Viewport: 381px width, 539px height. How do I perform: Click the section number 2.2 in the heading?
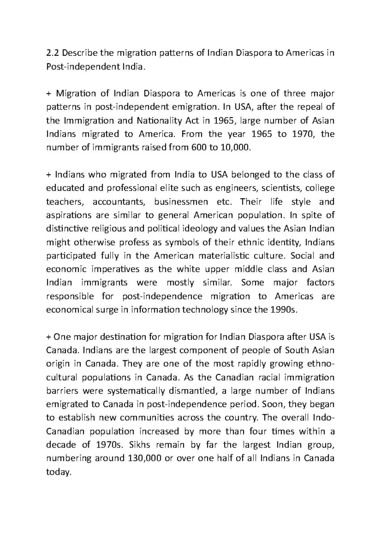coord(52,53)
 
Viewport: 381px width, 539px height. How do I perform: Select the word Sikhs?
coord(140,445)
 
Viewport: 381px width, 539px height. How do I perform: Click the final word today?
coord(57,472)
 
